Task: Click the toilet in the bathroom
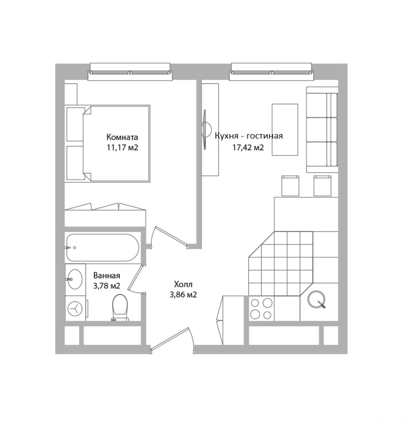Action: (x=120, y=307)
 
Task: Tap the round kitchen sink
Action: (x=316, y=299)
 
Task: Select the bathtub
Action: (x=103, y=248)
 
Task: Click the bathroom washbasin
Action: (x=74, y=279)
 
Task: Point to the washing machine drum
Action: (x=75, y=309)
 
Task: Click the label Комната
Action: (x=122, y=137)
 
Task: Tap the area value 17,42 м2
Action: (x=248, y=147)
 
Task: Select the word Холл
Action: (x=183, y=284)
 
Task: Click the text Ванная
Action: (x=106, y=276)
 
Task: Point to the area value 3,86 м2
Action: (x=183, y=294)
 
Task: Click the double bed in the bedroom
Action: (x=116, y=143)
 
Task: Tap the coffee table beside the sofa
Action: (x=285, y=129)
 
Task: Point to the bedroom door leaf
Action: (x=171, y=236)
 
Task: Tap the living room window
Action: (x=271, y=72)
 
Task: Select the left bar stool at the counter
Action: (x=290, y=186)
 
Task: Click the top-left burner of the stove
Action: (x=255, y=303)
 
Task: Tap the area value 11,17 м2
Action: (x=122, y=147)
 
